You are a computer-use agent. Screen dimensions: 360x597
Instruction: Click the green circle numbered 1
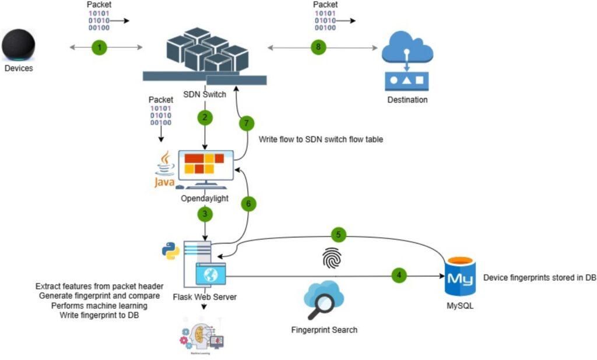click(100, 48)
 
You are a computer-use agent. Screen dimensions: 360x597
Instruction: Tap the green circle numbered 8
click(318, 48)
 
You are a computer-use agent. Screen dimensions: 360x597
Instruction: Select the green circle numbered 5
click(338, 235)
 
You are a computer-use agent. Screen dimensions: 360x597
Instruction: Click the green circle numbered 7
click(247, 123)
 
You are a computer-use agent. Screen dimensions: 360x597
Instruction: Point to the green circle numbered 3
click(205, 214)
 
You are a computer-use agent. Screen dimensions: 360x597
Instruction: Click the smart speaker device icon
click(19, 45)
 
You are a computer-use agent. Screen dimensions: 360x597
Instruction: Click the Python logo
click(171, 250)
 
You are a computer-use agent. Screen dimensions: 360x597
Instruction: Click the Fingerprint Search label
click(324, 330)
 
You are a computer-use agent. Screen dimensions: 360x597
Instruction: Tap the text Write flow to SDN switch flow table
click(321, 139)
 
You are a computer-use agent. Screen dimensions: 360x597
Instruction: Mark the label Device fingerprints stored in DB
click(539, 277)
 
